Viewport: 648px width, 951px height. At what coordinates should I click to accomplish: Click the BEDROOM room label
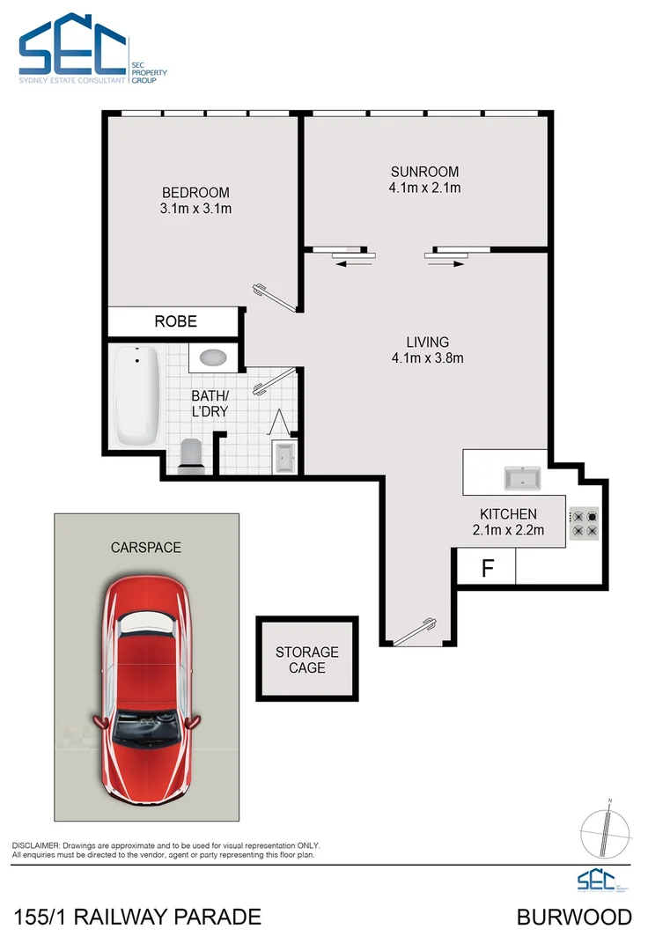click(x=195, y=193)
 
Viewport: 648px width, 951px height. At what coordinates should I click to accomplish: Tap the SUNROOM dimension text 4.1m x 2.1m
click(x=425, y=188)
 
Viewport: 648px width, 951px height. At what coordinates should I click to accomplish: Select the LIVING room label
click(x=428, y=342)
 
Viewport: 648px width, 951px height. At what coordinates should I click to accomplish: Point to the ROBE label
click(x=176, y=321)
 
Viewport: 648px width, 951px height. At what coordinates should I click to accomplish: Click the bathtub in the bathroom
click(x=137, y=397)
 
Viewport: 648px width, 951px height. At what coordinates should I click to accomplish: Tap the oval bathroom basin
click(x=214, y=358)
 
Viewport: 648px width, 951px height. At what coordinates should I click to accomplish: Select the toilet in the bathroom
click(x=191, y=454)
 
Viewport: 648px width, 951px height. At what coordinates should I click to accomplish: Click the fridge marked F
click(x=486, y=568)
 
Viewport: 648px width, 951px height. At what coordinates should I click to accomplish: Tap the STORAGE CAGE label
click(x=307, y=660)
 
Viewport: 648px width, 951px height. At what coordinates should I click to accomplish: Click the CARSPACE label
click(x=146, y=547)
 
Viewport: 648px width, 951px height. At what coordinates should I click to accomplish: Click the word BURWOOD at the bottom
click(x=574, y=918)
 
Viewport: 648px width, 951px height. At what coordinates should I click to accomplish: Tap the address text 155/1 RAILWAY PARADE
click(x=138, y=918)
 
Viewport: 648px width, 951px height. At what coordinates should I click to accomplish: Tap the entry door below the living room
click(x=416, y=633)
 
